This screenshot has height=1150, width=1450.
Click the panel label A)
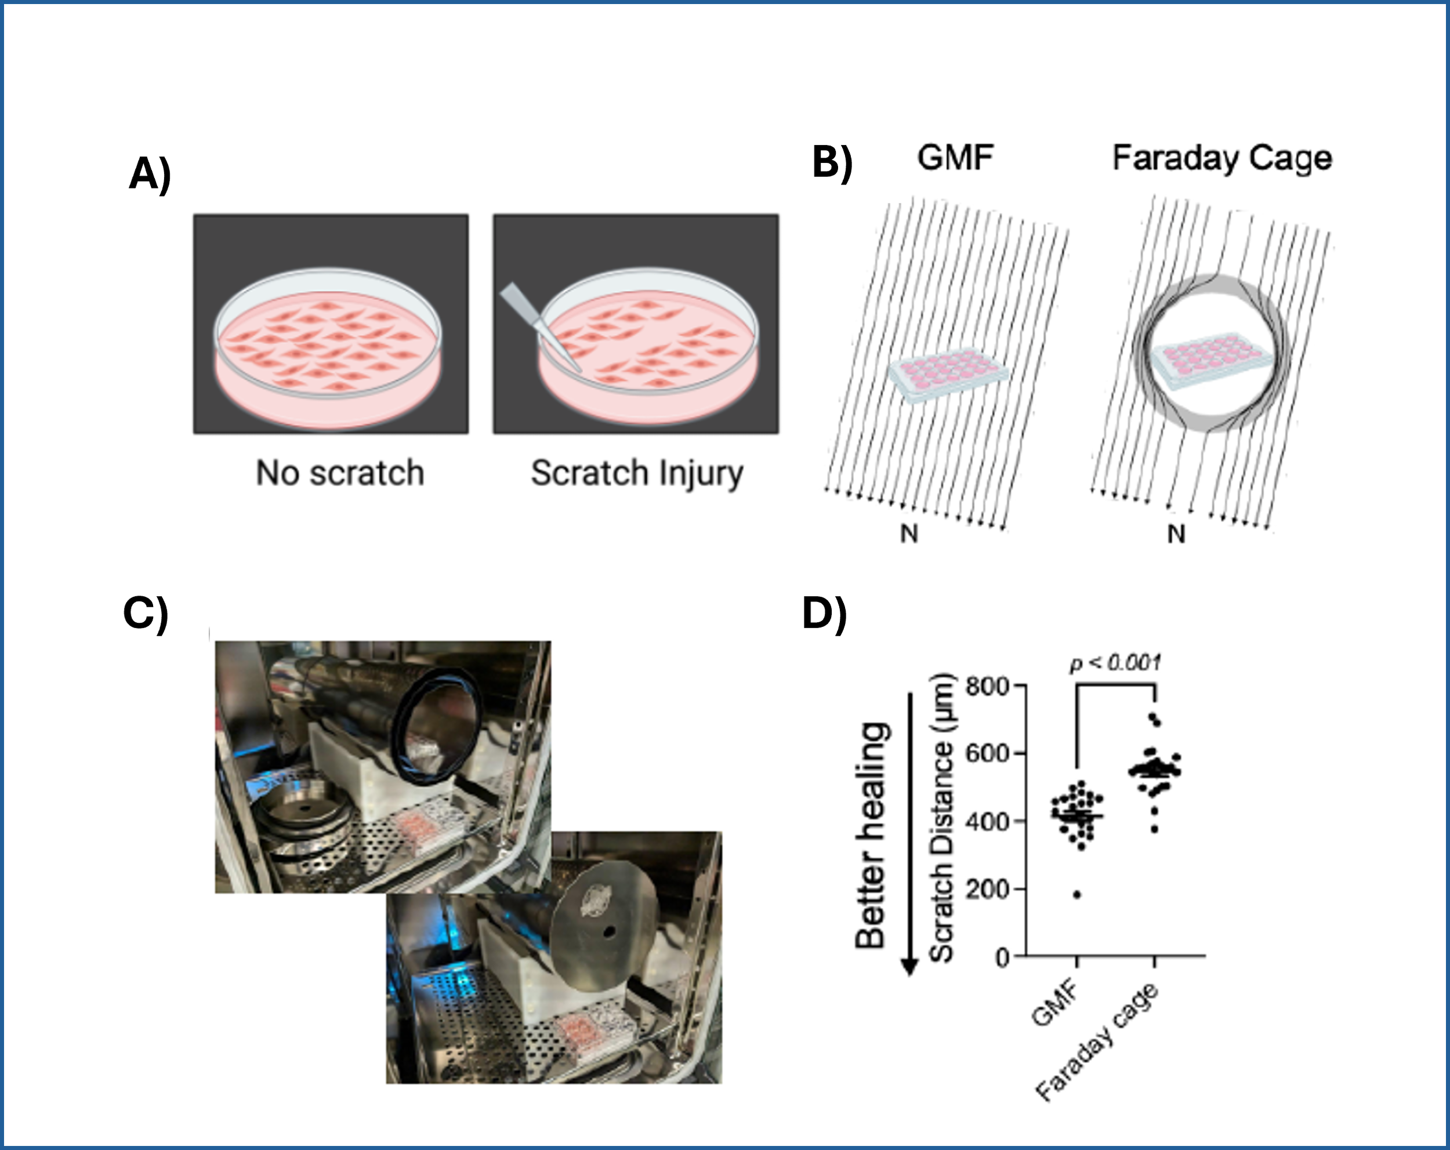(x=149, y=173)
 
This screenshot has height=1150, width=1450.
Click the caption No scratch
(x=340, y=473)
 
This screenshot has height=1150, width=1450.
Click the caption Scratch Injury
(x=637, y=473)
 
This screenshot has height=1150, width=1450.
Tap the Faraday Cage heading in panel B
(x=1221, y=159)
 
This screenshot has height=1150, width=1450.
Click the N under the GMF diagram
(x=909, y=534)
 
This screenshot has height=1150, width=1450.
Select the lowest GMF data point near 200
(x=1076, y=895)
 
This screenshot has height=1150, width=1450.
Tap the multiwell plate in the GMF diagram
(x=949, y=375)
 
